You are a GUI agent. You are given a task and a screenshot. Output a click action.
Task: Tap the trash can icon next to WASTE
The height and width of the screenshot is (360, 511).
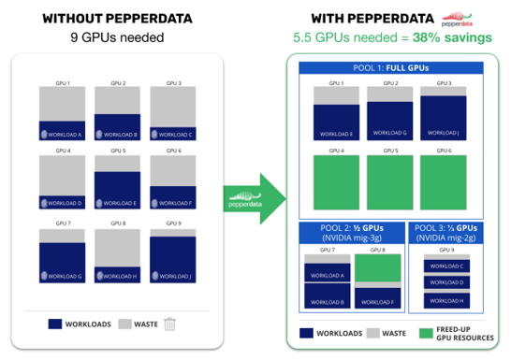[x=169, y=324]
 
